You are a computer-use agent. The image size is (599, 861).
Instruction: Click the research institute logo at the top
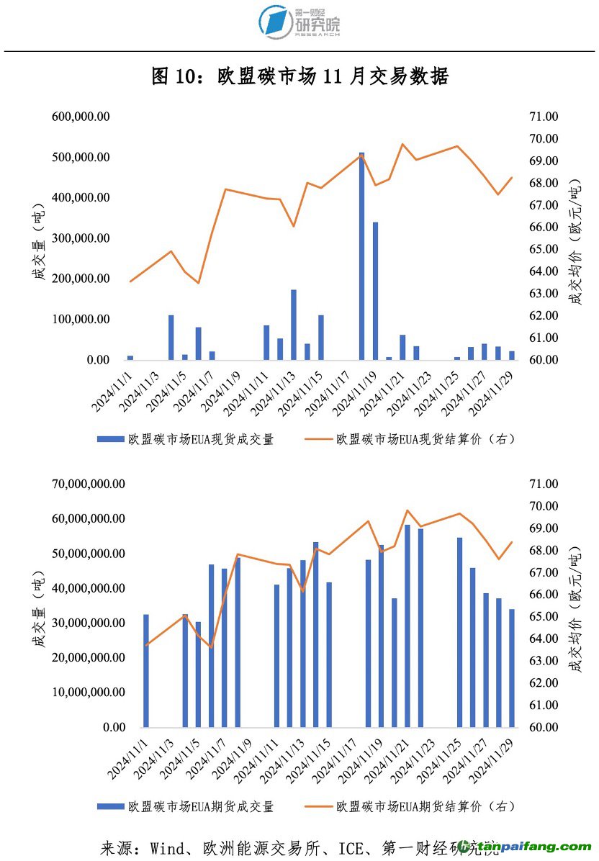tap(299, 22)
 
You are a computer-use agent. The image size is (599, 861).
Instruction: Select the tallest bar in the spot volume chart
tap(362, 256)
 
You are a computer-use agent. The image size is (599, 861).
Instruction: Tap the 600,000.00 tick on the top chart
tap(81, 117)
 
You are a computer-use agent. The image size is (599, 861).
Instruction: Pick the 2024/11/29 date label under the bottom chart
tap(497, 759)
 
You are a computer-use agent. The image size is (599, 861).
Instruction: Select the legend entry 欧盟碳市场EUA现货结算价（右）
tap(425, 439)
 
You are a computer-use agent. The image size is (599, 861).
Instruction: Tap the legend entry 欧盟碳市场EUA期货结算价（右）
tap(425, 806)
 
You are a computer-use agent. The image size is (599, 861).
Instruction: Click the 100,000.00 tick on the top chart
tap(81, 320)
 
